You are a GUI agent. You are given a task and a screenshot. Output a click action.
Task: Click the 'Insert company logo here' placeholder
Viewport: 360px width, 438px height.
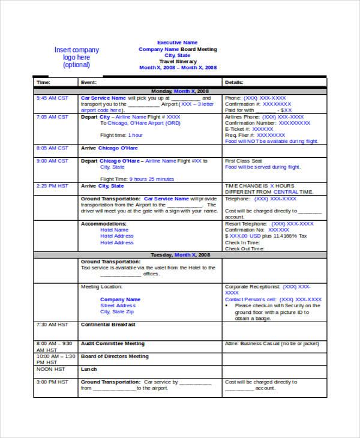[x=77, y=58]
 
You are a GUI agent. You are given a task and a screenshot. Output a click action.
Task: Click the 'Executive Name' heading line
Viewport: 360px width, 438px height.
[x=178, y=43]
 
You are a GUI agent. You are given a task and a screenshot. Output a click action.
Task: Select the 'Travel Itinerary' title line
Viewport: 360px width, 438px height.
[x=178, y=61]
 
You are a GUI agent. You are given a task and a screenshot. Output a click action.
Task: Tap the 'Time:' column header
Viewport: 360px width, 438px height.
[x=44, y=82]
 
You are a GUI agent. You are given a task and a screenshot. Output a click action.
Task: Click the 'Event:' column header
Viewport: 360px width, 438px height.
[x=89, y=82]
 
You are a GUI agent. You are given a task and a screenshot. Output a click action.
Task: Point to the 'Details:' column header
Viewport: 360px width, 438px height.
[x=234, y=82]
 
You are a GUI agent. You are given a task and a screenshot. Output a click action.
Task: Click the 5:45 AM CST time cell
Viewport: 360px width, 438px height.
[x=52, y=97]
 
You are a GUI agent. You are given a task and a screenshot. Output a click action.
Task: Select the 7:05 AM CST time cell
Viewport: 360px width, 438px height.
[x=52, y=117]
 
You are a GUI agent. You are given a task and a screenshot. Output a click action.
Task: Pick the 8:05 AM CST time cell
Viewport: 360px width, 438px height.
[x=52, y=148]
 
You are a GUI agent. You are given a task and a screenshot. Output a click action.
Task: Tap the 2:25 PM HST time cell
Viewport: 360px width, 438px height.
[x=52, y=186]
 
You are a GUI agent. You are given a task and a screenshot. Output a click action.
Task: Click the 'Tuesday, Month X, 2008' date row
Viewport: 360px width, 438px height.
[x=180, y=255]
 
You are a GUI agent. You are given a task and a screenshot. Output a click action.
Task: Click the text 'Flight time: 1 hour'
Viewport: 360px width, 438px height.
[x=122, y=135]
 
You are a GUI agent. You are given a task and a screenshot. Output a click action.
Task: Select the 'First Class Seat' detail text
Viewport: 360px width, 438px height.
[x=244, y=161]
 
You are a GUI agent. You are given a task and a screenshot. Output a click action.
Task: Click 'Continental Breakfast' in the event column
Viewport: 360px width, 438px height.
[x=108, y=325]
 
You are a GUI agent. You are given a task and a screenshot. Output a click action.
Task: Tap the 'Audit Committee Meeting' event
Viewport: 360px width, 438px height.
[x=113, y=344]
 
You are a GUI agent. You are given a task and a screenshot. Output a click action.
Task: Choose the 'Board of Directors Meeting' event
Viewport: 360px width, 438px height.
[x=115, y=356]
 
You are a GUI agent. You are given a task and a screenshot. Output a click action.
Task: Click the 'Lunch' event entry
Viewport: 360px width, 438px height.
[x=89, y=369]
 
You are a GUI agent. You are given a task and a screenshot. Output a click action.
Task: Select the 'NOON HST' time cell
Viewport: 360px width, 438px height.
[x=50, y=369]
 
